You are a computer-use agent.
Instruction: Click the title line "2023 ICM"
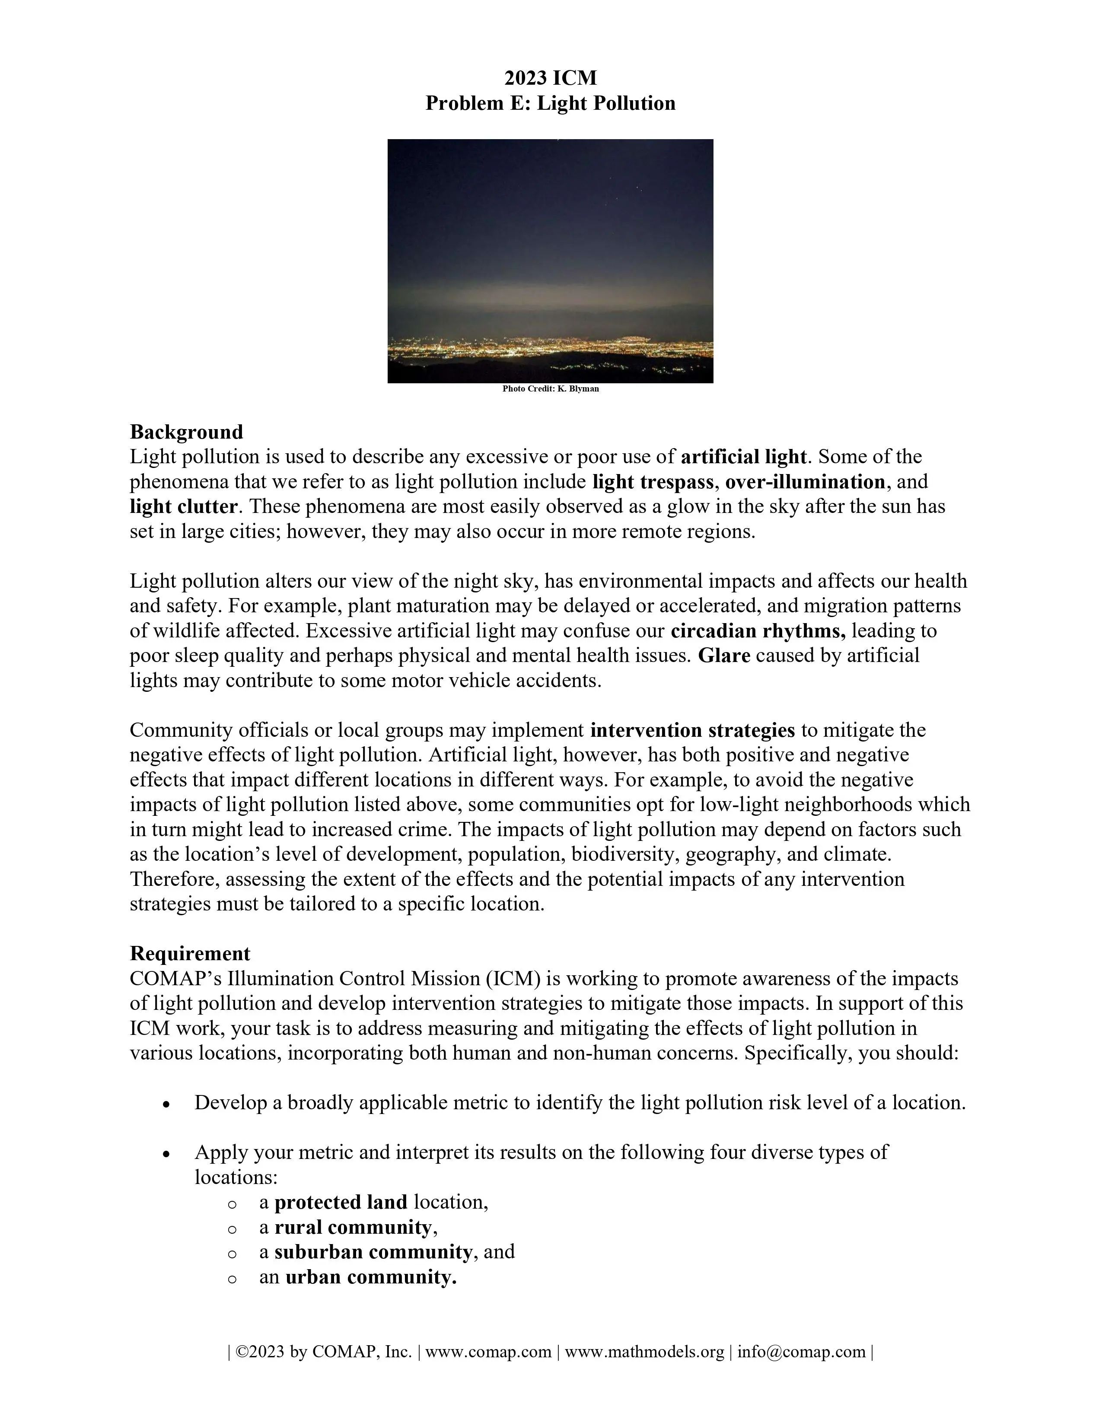(550, 78)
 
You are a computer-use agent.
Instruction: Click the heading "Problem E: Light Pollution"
(550, 103)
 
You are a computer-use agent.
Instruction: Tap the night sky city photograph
(550, 261)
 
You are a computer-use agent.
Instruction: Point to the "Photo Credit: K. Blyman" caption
(550, 388)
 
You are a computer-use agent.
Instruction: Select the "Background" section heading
(186, 432)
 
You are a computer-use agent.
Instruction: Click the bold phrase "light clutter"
(183, 507)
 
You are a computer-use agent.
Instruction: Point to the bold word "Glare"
(724, 656)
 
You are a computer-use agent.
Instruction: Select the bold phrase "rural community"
(353, 1228)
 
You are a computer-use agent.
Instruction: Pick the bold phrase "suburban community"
(373, 1252)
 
